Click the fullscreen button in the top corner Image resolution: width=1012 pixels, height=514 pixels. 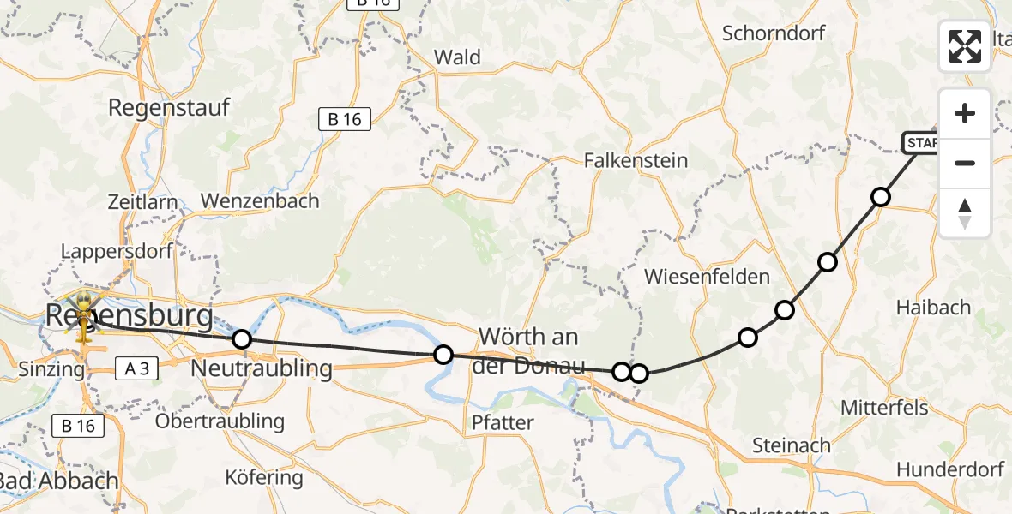pyautogui.click(x=965, y=46)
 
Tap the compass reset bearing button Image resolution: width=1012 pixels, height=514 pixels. pyautogui.click(x=965, y=213)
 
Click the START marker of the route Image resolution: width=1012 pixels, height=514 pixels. pyautogui.click(x=922, y=142)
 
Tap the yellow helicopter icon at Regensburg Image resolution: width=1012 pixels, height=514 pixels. pyautogui.click(x=84, y=314)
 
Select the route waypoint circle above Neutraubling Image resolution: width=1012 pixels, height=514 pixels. pyautogui.click(x=242, y=339)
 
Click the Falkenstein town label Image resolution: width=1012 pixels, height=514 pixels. pyautogui.click(x=636, y=160)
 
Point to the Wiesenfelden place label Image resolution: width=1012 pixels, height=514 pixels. pyautogui.click(x=707, y=277)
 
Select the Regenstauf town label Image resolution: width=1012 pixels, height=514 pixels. pyautogui.click(x=169, y=108)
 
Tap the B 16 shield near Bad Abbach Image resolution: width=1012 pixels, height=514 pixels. pyautogui.click(x=78, y=425)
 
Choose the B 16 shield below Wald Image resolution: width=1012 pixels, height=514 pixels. pyautogui.click(x=345, y=119)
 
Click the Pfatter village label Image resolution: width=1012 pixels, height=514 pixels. pyautogui.click(x=503, y=422)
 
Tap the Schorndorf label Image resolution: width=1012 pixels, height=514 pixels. pyautogui.click(x=774, y=33)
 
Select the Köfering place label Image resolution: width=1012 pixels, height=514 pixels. pyautogui.click(x=263, y=477)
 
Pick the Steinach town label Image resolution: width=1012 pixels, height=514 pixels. pyautogui.click(x=791, y=445)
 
